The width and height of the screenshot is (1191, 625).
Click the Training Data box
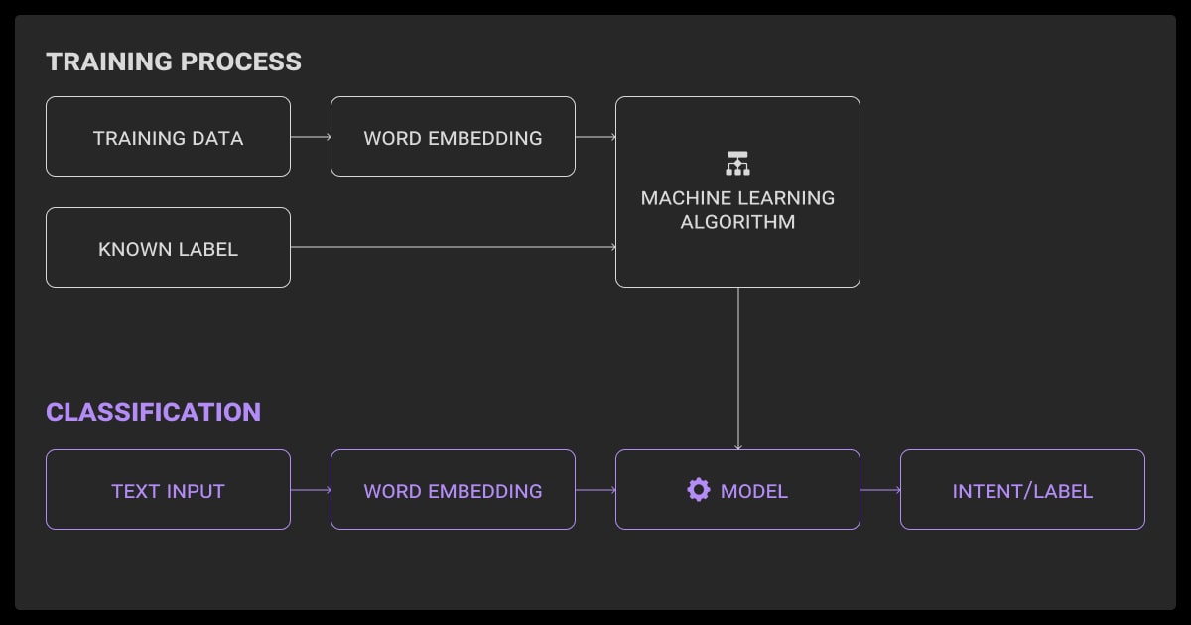[x=168, y=137]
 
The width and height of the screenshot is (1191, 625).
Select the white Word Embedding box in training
[x=453, y=137]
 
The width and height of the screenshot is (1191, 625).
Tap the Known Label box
[x=168, y=248]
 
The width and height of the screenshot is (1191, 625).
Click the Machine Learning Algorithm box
[x=737, y=192]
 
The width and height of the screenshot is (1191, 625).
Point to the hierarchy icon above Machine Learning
[x=737, y=163]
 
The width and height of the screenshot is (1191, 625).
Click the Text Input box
[x=168, y=490]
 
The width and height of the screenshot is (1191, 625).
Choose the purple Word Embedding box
[x=453, y=490]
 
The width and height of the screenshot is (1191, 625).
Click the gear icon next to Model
[x=699, y=490]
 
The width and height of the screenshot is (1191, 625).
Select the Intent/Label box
[x=1022, y=490]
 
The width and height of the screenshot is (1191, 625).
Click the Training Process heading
[x=174, y=62]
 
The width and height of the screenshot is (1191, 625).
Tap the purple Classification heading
[x=154, y=412]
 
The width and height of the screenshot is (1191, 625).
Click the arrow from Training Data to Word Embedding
[x=311, y=137]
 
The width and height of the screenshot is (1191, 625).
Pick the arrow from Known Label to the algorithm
[x=453, y=248]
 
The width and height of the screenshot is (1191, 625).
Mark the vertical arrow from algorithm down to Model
[x=737, y=368]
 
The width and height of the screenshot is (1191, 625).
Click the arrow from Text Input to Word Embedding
[x=311, y=490]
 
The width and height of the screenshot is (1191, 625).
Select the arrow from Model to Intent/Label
[x=880, y=490]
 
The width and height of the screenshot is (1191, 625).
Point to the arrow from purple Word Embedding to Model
[x=595, y=490]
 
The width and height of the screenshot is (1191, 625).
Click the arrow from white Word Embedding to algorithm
[x=595, y=137]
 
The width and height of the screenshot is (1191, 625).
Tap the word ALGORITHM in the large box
[x=737, y=222]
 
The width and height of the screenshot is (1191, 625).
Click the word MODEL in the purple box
[x=754, y=491]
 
